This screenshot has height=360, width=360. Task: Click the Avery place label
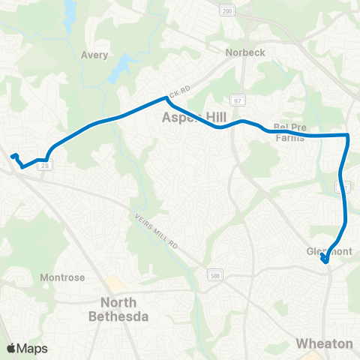point(94,55)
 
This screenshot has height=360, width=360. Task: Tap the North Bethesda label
point(125,310)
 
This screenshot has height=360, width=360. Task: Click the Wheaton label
point(324,343)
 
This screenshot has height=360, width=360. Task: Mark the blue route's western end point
point(13,156)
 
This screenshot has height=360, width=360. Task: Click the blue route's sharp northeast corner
point(348,135)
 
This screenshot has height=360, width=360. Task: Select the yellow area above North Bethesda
point(115,284)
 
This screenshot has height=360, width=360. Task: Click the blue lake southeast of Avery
point(120,71)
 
